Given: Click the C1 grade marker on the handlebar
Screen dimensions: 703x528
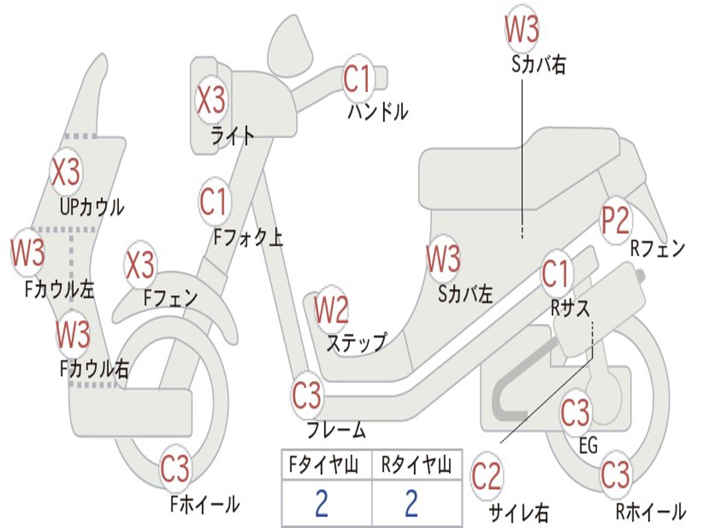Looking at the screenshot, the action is pos(357,78).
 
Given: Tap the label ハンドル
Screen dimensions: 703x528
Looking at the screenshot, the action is pos(378,111).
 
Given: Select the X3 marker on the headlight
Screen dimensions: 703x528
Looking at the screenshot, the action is pos(211,100).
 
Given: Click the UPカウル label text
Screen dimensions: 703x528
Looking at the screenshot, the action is pos(92,206).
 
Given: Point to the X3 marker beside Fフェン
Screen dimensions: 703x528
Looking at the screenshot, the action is pos(140,265).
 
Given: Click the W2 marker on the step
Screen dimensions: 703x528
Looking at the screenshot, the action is pos(331,311).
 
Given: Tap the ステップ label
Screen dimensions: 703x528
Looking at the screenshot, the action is pos(356,342).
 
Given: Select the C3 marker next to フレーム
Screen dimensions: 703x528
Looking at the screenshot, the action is pos(306,395).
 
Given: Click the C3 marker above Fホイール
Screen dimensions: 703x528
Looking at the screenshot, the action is pos(175,470).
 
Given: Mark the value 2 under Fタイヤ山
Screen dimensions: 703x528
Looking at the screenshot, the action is pos(321,504).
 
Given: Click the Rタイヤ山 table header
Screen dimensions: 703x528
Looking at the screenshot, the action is pos(416,467).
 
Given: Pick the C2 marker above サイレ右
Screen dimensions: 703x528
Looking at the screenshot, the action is pos(487,476).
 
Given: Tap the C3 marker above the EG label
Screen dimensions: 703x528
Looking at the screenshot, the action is pos(575,413).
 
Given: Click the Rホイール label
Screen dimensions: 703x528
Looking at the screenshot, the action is pos(649,511).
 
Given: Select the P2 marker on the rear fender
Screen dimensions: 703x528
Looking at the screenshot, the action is pos(615,220).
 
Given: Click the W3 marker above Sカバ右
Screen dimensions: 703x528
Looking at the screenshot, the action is pos(522,28).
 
